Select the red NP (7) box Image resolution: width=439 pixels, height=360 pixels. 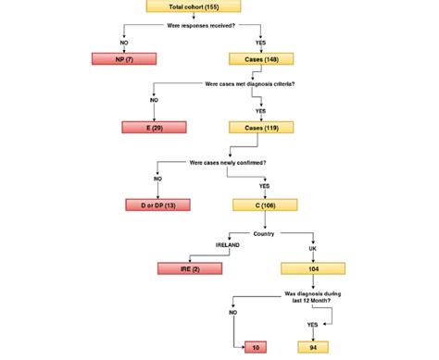pyautogui.click(x=124, y=59)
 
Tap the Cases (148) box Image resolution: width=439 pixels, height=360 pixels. pyautogui.click(x=261, y=59)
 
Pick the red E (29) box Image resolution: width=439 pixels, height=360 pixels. pyautogui.click(x=154, y=127)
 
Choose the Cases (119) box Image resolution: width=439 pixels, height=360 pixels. pyautogui.click(x=261, y=127)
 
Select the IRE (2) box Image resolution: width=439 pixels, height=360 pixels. pyautogui.click(x=189, y=268)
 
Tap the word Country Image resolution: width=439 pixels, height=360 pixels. pyautogui.click(x=265, y=233)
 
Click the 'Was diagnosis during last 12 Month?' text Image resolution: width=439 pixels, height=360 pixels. pyautogui.click(x=312, y=298)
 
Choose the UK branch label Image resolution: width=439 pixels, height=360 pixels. pyautogui.click(x=312, y=248)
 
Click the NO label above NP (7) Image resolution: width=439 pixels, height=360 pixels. pyautogui.click(x=124, y=42)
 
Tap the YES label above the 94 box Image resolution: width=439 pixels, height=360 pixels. pyautogui.click(x=312, y=325)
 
